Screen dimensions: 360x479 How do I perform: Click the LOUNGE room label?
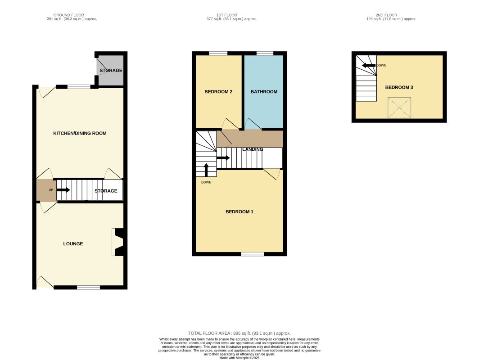point(73,244)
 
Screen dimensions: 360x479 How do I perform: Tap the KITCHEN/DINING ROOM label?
point(80,133)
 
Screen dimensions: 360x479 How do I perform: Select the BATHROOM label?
point(264,92)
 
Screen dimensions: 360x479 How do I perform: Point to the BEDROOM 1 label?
point(239,211)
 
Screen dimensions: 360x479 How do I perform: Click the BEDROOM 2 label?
point(218,92)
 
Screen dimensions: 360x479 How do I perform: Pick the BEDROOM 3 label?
point(399,87)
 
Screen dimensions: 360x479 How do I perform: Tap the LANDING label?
point(253,149)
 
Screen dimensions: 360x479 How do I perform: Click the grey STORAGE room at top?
point(111,71)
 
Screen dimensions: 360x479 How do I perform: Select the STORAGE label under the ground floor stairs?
point(106,191)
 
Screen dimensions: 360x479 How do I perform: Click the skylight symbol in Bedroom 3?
point(399,108)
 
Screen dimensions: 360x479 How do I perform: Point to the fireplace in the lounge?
point(118,243)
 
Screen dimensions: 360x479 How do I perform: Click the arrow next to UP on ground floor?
point(63,190)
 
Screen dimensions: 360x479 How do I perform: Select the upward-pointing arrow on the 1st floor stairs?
point(206,170)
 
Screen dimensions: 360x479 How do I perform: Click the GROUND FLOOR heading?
point(72,15)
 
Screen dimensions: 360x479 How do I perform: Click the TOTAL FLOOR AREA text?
point(239,333)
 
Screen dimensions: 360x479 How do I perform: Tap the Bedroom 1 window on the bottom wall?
point(253,254)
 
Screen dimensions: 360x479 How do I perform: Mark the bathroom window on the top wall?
point(265,54)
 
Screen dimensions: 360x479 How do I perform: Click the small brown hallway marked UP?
point(46,190)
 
